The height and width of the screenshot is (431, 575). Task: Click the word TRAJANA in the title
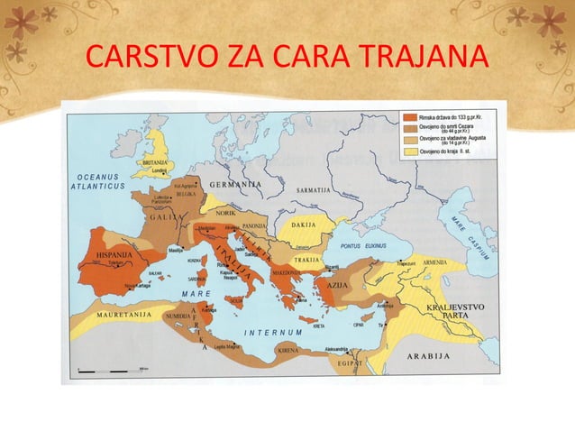click(414, 60)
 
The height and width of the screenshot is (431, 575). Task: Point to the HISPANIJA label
click(109, 256)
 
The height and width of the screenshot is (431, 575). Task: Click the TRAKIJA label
click(308, 260)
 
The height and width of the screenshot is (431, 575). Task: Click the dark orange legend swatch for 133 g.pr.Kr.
click(409, 117)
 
